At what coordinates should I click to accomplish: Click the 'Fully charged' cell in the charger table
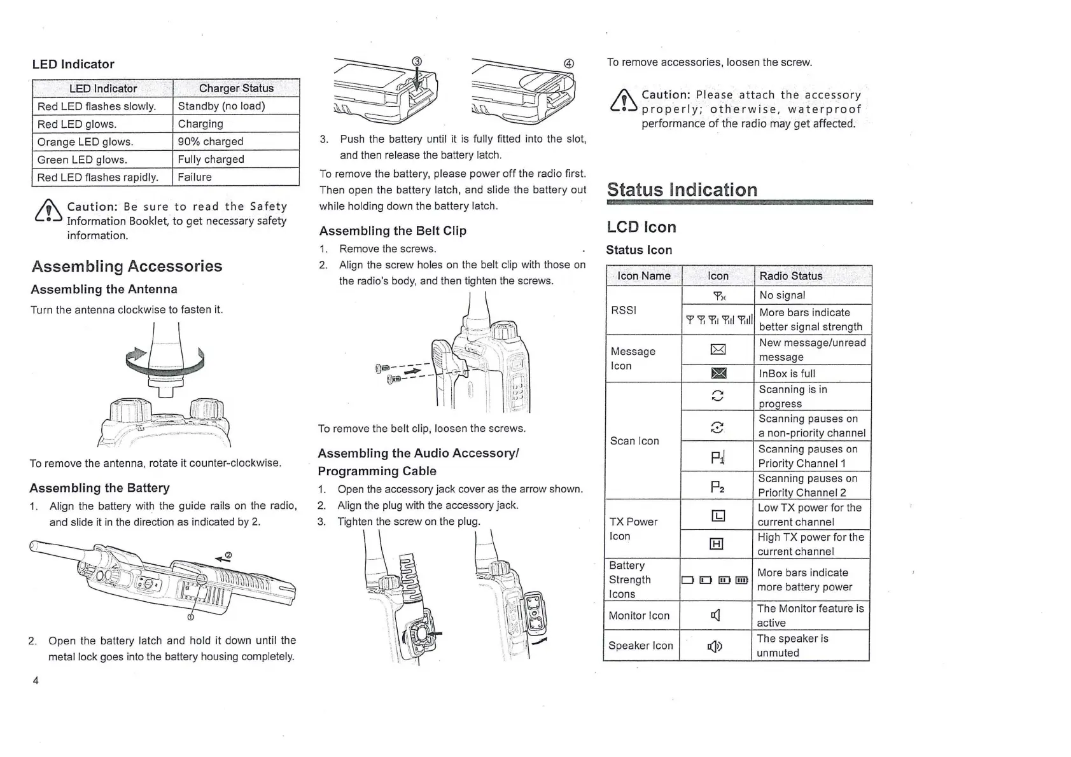pyautogui.click(x=211, y=159)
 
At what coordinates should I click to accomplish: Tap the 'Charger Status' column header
pyautogui.click(x=236, y=88)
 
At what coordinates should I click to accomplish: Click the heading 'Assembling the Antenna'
pyautogui.click(x=104, y=289)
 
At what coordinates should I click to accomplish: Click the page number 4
pyautogui.click(x=36, y=680)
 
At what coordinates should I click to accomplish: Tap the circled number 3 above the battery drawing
pyautogui.click(x=417, y=61)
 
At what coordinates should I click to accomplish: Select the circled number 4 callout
pyautogui.click(x=569, y=63)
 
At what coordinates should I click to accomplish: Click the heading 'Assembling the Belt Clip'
pyautogui.click(x=393, y=231)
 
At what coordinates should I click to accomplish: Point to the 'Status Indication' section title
pyautogui.click(x=682, y=190)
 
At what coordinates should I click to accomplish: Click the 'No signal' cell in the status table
pyautogui.click(x=782, y=295)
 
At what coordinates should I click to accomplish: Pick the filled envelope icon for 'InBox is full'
pyautogui.click(x=718, y=373)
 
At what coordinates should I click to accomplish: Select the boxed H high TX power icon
pyautogui.click(x=717, y=544)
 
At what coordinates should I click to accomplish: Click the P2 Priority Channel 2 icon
pyautogui.click(x=717, y=488)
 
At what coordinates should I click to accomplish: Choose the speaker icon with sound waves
pyautogui.click(x=715, y=646)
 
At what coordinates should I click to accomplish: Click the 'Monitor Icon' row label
pyautogui.click(x=639, y=616)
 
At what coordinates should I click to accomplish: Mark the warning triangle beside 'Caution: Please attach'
pyautogui.click(x=624, y=102)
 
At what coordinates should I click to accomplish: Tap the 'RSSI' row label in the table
pyautogui.click(x=624, y=310)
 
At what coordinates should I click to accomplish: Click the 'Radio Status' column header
pyautogui.click(x=791, y=276)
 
